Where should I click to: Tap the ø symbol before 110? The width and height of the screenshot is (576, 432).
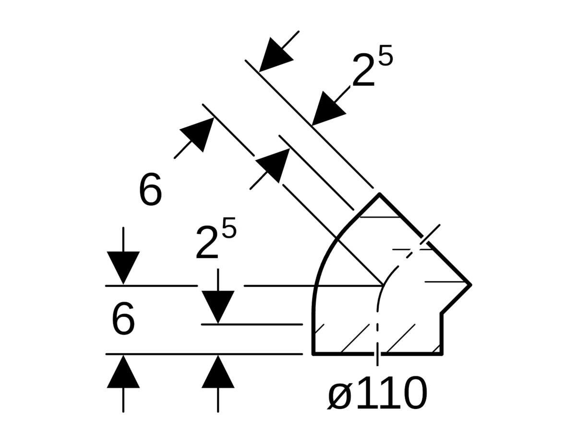339,396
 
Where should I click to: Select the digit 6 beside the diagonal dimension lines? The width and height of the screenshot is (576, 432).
150,189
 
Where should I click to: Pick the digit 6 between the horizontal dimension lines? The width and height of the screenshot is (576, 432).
123,318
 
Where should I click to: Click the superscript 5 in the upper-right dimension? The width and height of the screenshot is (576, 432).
385,55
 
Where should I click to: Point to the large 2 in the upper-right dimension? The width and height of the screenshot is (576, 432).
363,70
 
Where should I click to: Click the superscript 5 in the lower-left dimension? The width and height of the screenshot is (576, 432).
229,228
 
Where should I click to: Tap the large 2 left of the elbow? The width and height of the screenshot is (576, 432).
207,242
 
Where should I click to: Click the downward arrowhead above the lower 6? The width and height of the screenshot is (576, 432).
123,268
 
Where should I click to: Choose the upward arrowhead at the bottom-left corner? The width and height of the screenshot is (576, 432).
123,371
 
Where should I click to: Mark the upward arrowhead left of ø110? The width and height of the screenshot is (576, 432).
218,371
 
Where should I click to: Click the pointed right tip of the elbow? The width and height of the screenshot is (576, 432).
471,285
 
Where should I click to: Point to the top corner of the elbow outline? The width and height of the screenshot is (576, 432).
379,194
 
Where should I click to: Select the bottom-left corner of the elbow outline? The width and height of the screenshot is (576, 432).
313,354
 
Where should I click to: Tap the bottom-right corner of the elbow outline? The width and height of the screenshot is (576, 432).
442,354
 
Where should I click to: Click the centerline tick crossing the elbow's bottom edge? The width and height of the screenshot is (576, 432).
377,354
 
